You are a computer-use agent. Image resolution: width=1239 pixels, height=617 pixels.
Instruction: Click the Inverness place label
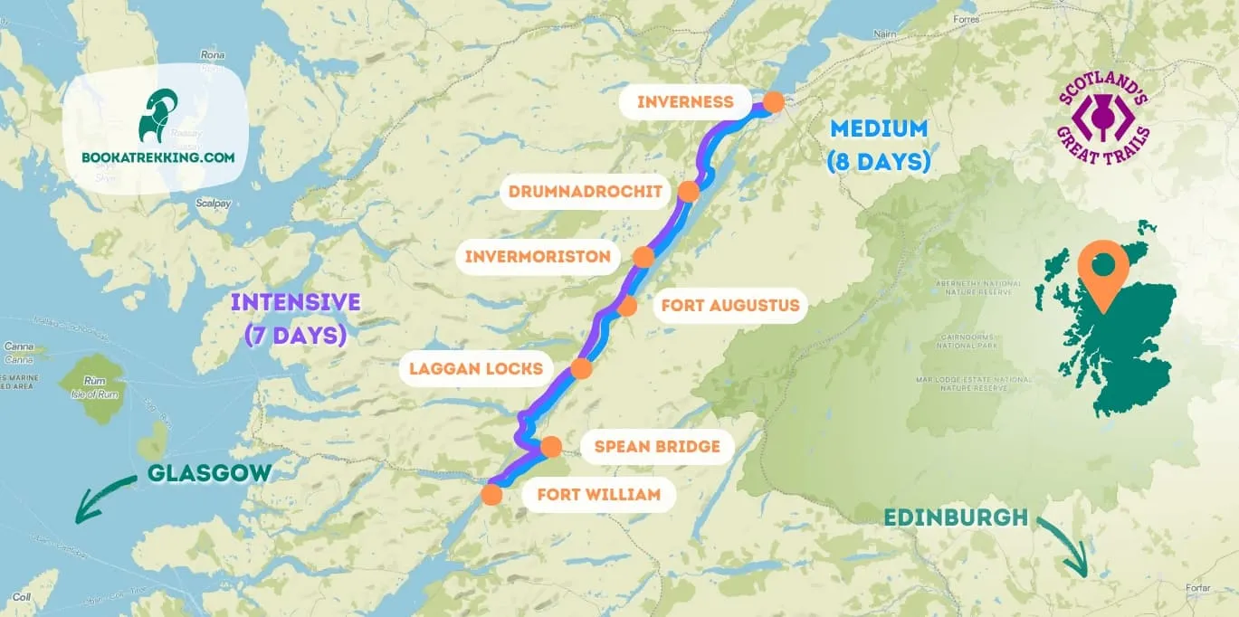coord(685,101)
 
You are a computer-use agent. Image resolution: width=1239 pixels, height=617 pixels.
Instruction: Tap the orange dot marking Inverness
coord(773,102)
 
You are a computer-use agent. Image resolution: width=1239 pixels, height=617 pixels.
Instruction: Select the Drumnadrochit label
coord(591,192)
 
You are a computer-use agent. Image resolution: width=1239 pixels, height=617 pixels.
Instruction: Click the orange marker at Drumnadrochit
coord(689,192)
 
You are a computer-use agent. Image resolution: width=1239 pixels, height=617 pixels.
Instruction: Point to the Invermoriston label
coord(538,257)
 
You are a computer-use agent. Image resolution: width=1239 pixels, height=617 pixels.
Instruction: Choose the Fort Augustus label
coord(729,306)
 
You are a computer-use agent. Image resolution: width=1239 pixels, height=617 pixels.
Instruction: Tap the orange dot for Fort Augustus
coord(627,306)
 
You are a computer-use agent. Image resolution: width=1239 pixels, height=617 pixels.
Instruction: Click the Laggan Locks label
coord(476,368)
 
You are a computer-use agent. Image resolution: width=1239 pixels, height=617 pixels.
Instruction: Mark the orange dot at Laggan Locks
coord(581,368)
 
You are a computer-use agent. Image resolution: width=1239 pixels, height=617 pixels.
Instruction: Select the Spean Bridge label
coord(656,446)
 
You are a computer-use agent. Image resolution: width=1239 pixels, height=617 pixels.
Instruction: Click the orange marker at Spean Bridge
coord(551,447)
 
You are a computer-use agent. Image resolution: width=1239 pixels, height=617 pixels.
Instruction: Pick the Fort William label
coord(598,495)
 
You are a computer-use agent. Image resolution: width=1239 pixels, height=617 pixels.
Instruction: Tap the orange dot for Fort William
coord(491,495)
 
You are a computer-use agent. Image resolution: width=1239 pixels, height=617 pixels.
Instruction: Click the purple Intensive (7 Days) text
coord(295,318)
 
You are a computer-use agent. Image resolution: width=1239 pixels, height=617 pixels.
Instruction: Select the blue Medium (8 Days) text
coord(879,145)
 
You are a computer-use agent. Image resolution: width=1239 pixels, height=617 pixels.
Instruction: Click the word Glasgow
coord(208,473)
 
